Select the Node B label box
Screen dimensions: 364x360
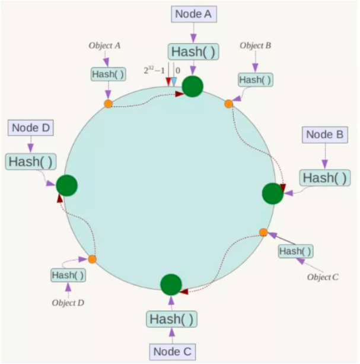324,135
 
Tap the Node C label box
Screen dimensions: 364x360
171,352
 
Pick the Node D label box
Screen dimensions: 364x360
30,128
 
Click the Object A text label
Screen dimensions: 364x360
104,45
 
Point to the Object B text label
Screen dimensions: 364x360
255,45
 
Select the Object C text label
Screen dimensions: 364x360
323,277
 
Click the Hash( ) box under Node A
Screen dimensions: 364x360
193,52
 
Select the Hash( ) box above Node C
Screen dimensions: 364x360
171,319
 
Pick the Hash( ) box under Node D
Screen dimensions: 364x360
30,161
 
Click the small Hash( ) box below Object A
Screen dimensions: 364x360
107,74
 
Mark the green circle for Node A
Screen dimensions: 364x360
193,87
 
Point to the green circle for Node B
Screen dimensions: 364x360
273,194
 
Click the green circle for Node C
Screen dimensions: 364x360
171,284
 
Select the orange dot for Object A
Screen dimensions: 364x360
108,103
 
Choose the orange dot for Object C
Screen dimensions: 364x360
263,232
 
